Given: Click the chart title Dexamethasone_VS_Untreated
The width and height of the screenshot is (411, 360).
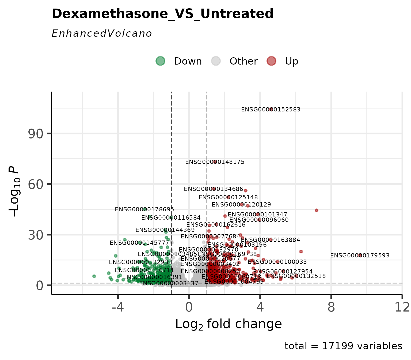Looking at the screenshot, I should [162, 14].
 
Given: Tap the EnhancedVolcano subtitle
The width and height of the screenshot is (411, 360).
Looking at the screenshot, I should [102, 34].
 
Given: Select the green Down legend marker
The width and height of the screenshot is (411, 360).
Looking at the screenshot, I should [160, 61].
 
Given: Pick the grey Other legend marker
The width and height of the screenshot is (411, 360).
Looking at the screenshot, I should [216, 61].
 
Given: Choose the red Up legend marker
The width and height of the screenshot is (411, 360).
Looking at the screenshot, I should [271, 61].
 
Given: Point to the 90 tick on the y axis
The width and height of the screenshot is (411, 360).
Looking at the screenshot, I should [36, 134].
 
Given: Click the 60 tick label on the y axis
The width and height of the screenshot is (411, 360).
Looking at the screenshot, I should [36, 184].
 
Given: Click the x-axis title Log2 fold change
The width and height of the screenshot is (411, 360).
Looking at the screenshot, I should [229, 324].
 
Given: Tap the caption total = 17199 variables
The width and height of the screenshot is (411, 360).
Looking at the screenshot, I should [343, 346].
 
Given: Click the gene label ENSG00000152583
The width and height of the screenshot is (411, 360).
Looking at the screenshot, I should [271, 110].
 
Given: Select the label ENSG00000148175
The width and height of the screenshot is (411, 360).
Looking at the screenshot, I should [215, 162].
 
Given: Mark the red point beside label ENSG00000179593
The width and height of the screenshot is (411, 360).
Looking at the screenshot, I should [360, 255].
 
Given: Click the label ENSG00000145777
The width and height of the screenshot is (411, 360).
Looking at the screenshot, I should [139, 243].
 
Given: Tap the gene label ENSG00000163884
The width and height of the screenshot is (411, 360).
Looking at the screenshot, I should [270, 240].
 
